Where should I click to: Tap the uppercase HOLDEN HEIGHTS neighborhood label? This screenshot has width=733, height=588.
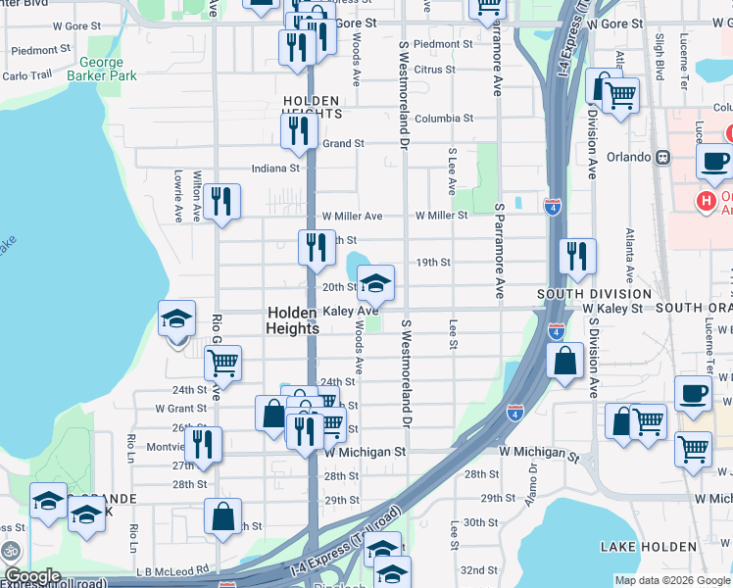tap(312, 107)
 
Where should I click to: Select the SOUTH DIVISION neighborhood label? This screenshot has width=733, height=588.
tap(594, 294)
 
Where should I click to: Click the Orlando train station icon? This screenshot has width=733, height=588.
tap(663, 157)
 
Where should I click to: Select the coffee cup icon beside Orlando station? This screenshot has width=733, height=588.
tap(714, 160)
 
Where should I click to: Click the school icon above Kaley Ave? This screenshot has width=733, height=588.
tap(375, 284)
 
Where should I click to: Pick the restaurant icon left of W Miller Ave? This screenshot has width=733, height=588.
tap(221, 203)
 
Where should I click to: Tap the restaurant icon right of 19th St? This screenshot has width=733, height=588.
tap(577, 256)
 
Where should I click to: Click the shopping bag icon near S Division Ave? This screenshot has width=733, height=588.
tap(566, 361)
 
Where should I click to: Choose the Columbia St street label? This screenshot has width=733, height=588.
tap(444, 118)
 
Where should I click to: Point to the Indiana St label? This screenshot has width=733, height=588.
tap(274, 168)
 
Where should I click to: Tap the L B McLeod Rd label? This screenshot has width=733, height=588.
tap(174, 568)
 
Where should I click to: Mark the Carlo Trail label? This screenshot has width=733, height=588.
tap(27, 75)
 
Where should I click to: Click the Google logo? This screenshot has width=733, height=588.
tap(32, 576)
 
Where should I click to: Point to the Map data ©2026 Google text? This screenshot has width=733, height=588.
tap(672, 580)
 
